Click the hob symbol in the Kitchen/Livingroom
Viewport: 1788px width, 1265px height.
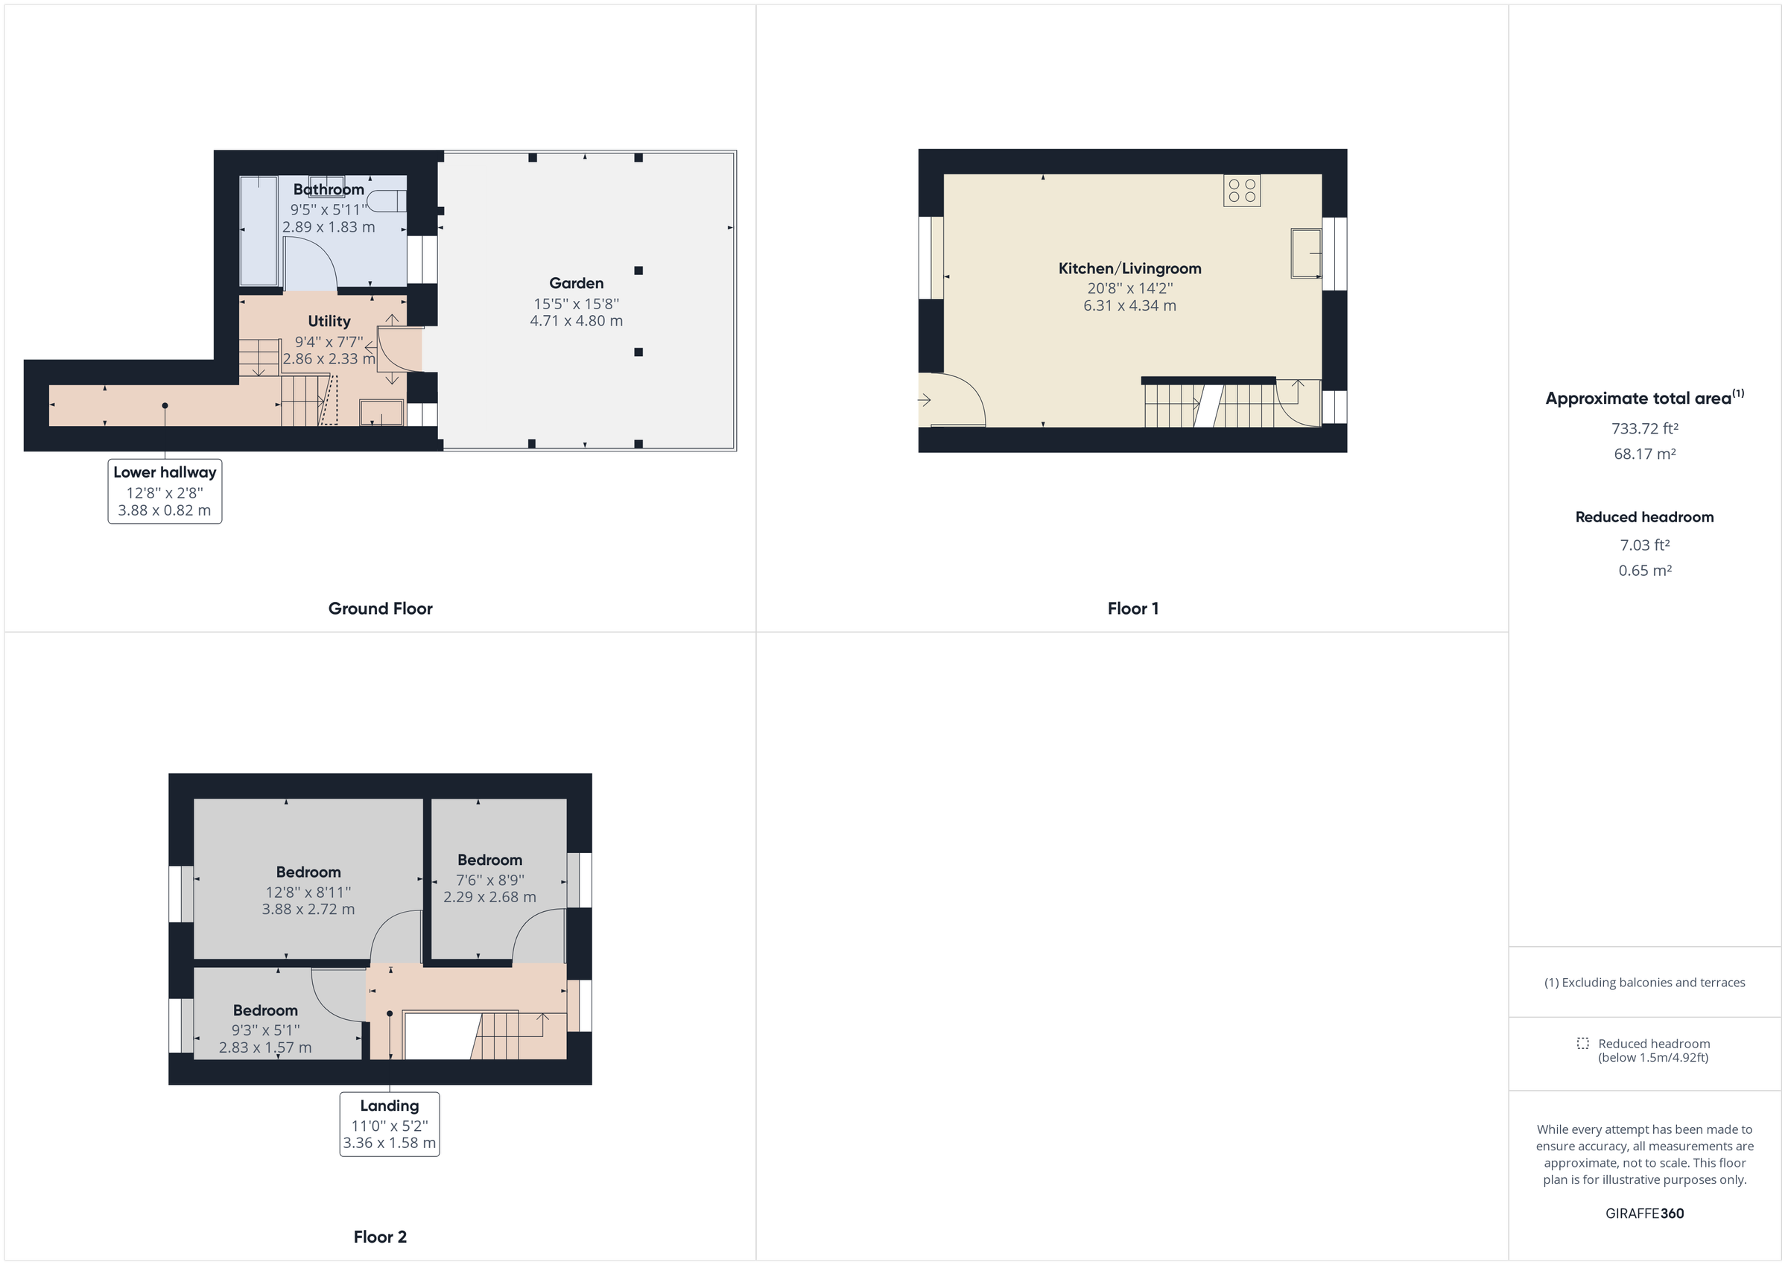[x=1242, y=191]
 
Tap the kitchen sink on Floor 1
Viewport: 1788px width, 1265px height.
[x=1306, y=253]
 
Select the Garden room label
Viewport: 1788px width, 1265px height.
[x=577, y=284]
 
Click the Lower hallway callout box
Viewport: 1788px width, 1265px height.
[x=165, y=491]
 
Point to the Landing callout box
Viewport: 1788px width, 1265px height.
[x=390, y=1124]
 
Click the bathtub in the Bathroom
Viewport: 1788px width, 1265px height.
[x=259, y=230]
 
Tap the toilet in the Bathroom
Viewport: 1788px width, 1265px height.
[x=386, y=201]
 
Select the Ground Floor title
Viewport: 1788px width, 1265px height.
[x=380, y=609]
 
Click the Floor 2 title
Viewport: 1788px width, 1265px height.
[x=380, y=1237]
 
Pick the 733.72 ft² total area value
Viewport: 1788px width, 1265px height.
[x=1644, y=428]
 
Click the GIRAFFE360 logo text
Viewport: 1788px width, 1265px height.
[x=1644, y=1214]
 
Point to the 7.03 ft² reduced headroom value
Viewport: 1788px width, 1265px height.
[x=1644, y=545]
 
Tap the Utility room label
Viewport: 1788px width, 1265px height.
[x=329, y=322]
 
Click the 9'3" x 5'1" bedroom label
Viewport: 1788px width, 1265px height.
[x=264, y=1030]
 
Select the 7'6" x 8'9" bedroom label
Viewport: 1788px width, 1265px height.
[x=489, y=880]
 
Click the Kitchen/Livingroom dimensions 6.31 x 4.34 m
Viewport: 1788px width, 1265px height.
[x=1129, y=306]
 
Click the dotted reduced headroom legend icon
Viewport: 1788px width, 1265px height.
[x=1582, y=1044]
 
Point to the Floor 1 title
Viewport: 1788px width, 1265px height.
[x=1133, y=609]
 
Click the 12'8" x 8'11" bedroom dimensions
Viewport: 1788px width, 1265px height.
[x=308, y=893]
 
